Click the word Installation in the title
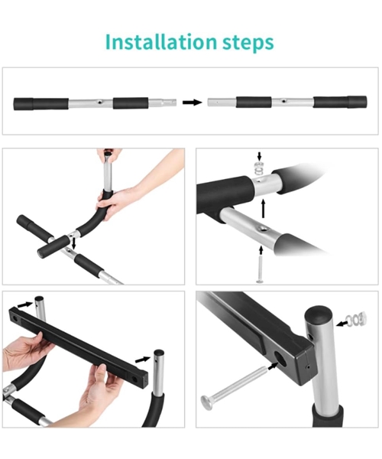pos(160,42)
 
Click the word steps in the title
pos(248,43)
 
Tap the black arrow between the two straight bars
pos(193,103)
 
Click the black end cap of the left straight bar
pos(24,104)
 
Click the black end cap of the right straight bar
pos(357,103)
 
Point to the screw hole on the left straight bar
pos(100,103)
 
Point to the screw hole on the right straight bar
pos(283,101)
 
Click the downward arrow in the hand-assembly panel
pos(73,243)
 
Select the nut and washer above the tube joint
pos(259,168)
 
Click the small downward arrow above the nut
pos(259,156)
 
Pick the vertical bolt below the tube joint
pos(260,269)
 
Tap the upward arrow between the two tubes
pos(264,208)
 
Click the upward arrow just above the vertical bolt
pos(261,251)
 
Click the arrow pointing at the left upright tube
pos(25,304)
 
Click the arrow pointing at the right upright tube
pos(143,360)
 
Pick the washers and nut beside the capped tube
pos(356,319)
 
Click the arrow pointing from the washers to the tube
pos(342,324)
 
